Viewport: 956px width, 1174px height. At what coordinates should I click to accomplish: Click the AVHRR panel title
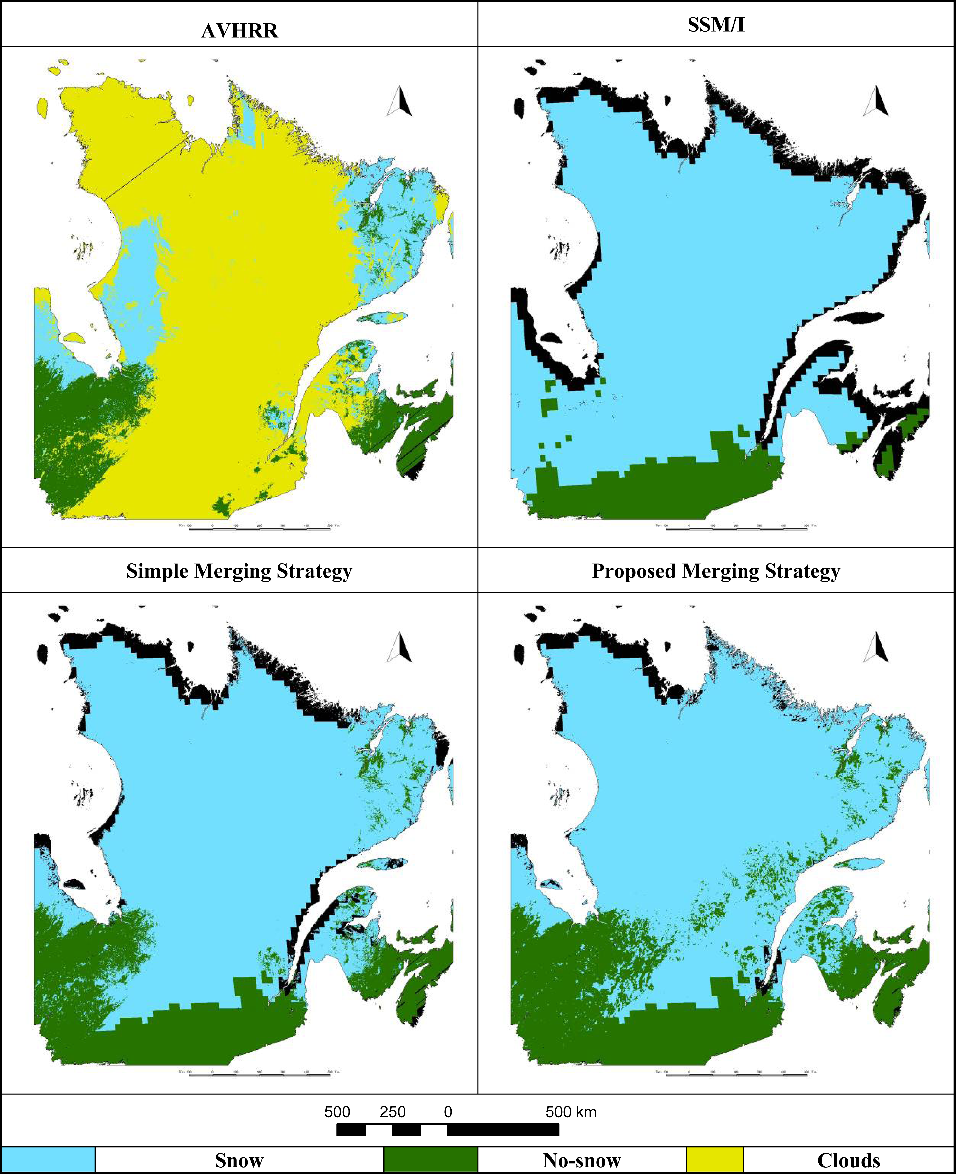tap(240, 30)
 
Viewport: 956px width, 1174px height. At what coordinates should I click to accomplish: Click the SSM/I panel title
tap(716, 25)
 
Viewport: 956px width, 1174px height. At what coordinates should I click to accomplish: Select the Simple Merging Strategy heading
tap(239, 571)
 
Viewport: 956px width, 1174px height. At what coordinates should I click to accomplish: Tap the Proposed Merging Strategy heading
tap(716, 571)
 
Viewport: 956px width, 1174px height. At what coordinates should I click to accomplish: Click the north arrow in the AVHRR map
tap(400, 102)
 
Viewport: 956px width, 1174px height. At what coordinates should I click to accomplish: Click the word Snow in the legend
tap(239, 1160)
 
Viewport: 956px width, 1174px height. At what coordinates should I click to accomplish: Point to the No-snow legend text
tap(582, 1160)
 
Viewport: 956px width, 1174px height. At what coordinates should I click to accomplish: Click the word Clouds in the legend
tap(848, 1160)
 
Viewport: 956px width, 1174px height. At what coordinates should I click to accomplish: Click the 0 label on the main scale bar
tap(448, 1112)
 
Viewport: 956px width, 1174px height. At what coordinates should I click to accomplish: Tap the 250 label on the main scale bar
tap(393, 1112)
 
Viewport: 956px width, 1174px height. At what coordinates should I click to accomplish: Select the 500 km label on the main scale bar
tap(571, 1112)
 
